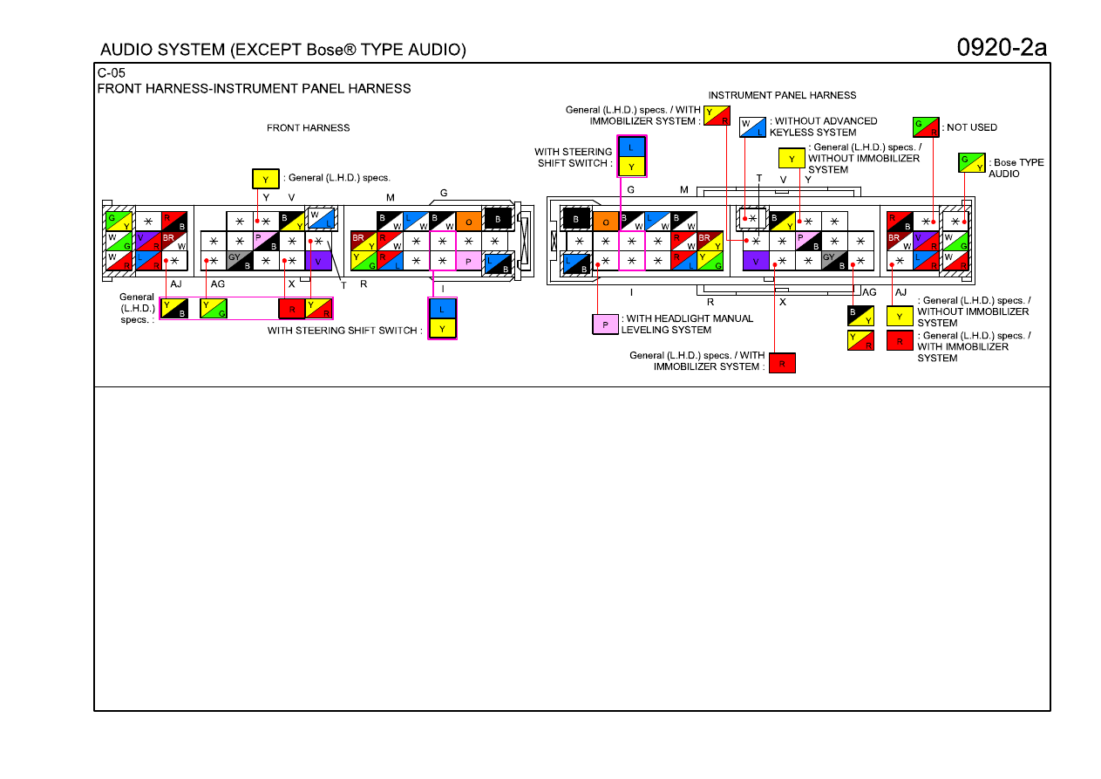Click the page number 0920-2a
1002,48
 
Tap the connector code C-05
111,73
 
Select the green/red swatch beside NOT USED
926,127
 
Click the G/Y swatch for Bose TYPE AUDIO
971,163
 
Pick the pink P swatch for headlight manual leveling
605,325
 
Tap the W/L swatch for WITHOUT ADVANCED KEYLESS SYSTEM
752,127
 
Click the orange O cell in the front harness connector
468,222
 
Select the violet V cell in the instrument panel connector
756,261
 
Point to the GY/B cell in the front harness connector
240,261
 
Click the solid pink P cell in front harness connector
468,261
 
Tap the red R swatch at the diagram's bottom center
782,364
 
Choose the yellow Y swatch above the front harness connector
265,179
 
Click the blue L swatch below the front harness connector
442,309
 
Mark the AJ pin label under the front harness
175,284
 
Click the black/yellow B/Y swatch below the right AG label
860,316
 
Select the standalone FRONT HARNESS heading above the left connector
309,128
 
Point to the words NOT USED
972,127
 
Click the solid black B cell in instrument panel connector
575,219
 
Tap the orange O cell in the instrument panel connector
606,222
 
